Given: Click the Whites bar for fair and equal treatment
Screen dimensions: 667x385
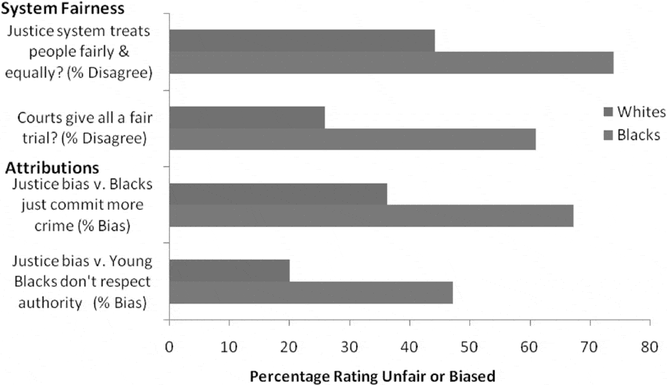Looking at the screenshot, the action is (302, 41).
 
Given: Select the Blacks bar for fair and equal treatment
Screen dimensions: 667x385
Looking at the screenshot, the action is (392, 63).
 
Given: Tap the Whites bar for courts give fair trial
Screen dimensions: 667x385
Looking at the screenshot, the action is (247, 118).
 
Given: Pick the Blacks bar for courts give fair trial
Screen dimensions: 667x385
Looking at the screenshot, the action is (352, 139).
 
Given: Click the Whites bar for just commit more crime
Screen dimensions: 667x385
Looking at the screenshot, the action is (278, 194).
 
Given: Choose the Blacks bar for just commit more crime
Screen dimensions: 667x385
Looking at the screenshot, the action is (372, 216).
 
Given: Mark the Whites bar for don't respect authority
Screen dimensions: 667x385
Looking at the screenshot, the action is (230, 270).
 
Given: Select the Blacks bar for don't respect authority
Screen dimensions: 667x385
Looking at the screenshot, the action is (311, 292).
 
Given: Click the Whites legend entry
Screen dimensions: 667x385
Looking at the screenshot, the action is (634, 111).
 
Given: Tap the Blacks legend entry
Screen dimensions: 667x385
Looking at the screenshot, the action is (632, 135).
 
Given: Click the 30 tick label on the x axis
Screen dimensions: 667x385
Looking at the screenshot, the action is (349, 347).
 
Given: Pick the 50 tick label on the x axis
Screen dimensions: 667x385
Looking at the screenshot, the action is (469, 347).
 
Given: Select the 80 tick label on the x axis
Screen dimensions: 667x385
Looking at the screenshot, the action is (649, 347).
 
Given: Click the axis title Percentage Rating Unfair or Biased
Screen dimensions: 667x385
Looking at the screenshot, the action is (372, 377).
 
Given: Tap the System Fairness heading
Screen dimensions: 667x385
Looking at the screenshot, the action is (63, 8).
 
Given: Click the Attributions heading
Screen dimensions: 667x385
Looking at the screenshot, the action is (52, 168).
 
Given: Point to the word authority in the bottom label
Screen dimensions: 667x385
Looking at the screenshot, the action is (50, 303).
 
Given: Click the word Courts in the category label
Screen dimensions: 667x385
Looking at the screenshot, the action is (39, 118).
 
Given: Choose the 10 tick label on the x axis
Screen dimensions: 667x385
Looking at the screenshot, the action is (228, 347).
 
